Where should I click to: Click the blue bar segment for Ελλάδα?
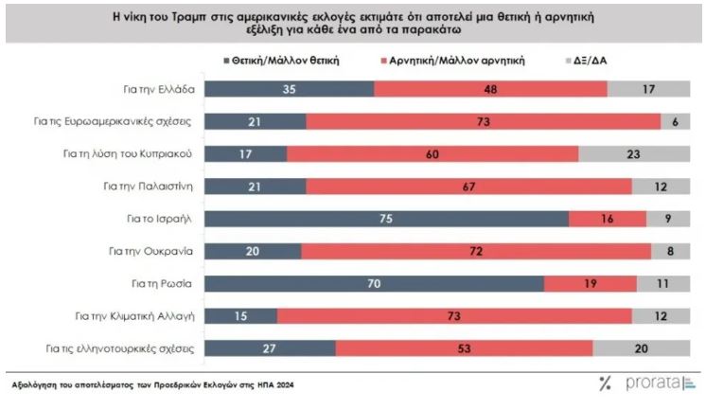[x=290, y=89]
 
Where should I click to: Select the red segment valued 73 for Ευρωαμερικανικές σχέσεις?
[x=484, y=121]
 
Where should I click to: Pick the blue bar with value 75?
[x=387, y=218]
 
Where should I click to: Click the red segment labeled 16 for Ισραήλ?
[x=608, y=218]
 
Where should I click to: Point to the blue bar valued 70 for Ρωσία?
[x=375, y=282]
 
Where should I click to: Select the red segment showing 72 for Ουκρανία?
[x=476, y=250]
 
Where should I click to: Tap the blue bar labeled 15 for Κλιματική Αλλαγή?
[x=241, y=314]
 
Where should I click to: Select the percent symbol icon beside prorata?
[x=606, y=383]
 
